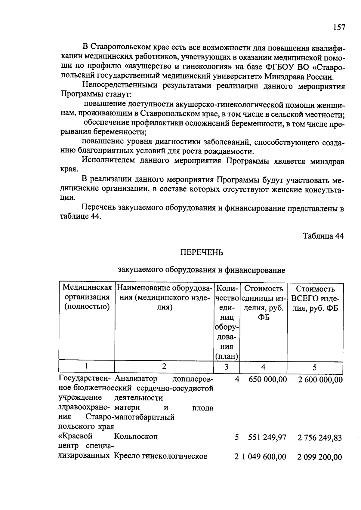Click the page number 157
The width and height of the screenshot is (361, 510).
click(339, 27)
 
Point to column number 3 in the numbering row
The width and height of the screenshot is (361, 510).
click(226, 367)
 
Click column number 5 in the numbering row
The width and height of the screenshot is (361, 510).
click(315, 367)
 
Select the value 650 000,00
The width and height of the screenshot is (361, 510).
click(267, 379)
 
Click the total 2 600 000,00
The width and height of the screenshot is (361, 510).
click(320, 380)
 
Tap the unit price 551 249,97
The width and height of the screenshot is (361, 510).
click(267, 438)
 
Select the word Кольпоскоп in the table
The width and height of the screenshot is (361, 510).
click(136, 436)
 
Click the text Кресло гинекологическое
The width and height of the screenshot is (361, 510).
click(160, 456)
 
